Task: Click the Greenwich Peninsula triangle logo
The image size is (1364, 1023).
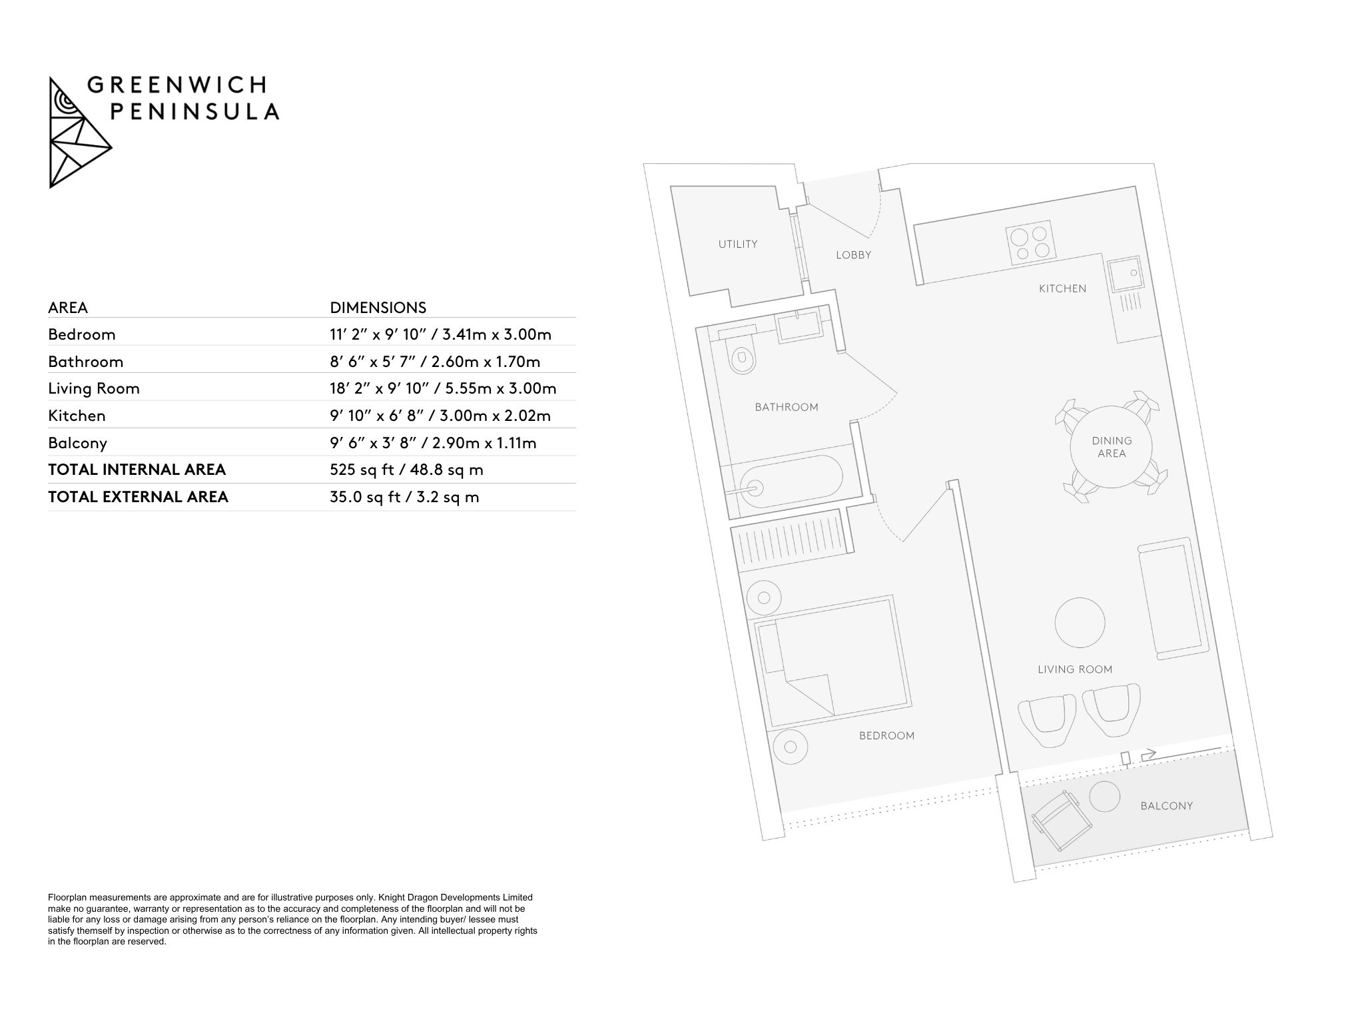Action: tap(79, 132)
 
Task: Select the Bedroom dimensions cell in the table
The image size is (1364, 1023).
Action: tap(441, 334)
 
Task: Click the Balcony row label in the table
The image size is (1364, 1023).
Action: tap(77, 443)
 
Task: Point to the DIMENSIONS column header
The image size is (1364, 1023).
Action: tap(378, 308)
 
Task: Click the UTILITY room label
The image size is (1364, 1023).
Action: tap(737, 244)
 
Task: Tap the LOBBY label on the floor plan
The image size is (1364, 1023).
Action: tap(853, 255)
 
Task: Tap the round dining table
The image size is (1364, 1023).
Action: tap(1112, 447)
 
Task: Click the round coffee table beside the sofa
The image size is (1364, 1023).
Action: tap(1080, 622)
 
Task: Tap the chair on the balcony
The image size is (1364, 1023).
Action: tap(1061, 820)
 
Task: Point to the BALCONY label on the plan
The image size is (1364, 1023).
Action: tap(1166, 806)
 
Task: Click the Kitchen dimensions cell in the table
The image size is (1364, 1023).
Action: tap(440, 416)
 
